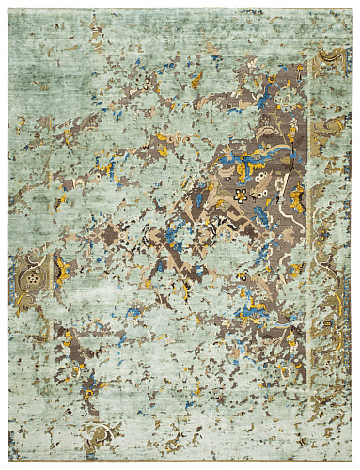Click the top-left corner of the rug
tap(8, 9)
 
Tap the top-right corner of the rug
tap(352, 8)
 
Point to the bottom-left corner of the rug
tap(8, 462)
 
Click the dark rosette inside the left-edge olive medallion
tap(34, 279)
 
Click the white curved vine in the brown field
tap(273, 150)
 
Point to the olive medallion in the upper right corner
tap(330, 62)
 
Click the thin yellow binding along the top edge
tap(179, 8)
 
